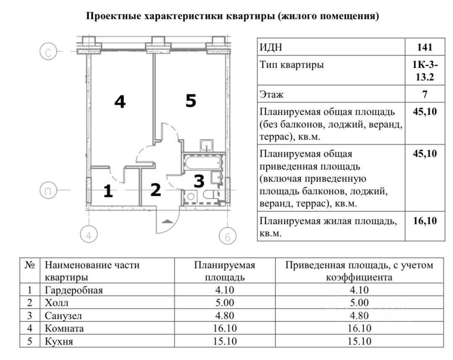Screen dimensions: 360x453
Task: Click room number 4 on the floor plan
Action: [120, 102]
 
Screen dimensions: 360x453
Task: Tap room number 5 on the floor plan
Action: [191, 101]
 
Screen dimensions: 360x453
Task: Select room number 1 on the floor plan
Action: [108, 192]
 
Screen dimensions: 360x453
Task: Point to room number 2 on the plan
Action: [155, 190]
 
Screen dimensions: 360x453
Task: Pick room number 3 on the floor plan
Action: [199, 181]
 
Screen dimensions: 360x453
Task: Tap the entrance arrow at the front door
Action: [167, 221]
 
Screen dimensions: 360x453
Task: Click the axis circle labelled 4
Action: [89, 236]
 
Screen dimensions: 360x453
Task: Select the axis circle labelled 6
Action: [228, 237]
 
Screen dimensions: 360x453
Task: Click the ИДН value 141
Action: [424, 47]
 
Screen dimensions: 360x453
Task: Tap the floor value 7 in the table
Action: [424, 94]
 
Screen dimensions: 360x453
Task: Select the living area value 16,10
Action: [424, 221]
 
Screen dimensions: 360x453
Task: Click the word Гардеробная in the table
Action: [73, 290]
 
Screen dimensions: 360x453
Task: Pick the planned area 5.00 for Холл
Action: [224, 302]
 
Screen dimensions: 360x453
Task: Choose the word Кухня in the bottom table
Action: [59, 341]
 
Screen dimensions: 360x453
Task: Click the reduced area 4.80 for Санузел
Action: [359, 315]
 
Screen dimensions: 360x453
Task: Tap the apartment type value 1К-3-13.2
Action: [424, 71]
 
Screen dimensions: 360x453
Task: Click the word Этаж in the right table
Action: [272, 94]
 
